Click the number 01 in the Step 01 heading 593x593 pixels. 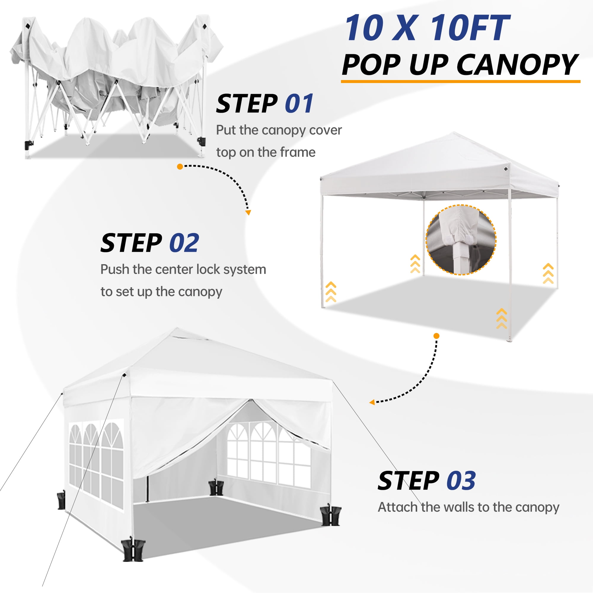click(x=299, y=104)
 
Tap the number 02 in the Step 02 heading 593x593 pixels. click(x=184, y=243)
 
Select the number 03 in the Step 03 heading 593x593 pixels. click(x=461, y=481)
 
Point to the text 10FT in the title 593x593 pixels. click(x=470, y=28)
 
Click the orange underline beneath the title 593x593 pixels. click(x=460, y=81)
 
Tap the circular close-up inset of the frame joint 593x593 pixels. click(x=461, y=240)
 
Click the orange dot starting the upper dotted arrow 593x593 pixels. click(x=180, y=167)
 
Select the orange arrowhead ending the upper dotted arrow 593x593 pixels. click(x=248, y=212)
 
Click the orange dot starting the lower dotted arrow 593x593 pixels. click(x=436, y=336)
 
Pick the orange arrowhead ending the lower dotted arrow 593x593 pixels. click(x=372, y=402)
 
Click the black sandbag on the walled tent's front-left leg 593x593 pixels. click(x=133, y=551)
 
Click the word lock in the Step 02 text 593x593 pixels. click(x=208, y=270)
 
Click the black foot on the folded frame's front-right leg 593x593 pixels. click(x=201, y=141)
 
